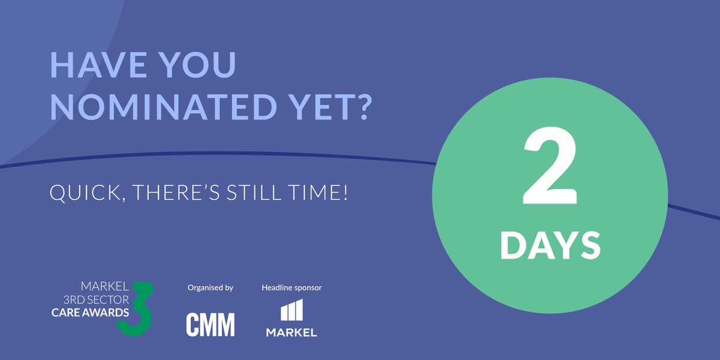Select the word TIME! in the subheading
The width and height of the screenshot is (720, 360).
[x=321, y=193]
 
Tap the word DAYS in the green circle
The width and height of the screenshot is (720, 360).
[x=550, y=246]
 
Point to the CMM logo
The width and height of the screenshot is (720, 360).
[x=210, y=325]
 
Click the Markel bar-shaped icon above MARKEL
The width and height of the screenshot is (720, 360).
[x=292, y=311]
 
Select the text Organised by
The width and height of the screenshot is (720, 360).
[x=210, y=288]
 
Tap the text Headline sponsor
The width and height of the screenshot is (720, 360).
[x=292, y=288]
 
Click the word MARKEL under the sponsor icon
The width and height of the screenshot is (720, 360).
[x=292, y=332]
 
